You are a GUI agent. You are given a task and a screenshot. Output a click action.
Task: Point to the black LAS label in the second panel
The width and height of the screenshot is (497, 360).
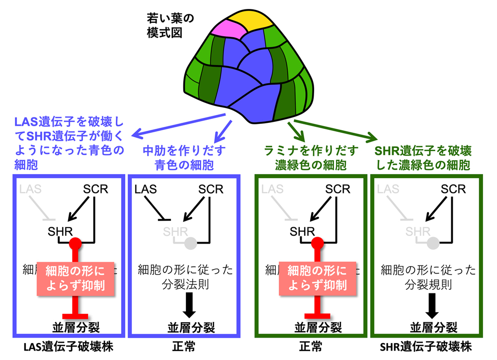pyautogui.click(x=146, y=189)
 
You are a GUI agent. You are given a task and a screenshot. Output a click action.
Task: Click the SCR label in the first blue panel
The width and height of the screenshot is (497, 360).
pyautogui.click(x=94, y=189)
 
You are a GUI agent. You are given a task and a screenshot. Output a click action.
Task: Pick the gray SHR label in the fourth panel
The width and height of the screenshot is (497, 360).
pyautogui.click(x=418, y=231)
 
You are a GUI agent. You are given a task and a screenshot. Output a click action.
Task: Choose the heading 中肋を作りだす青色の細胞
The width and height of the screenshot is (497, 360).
pyautogui.click(x=184, y=158)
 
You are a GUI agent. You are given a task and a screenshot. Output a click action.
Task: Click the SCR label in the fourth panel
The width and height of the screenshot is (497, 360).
pyautogui.click(x=453, y=189)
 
